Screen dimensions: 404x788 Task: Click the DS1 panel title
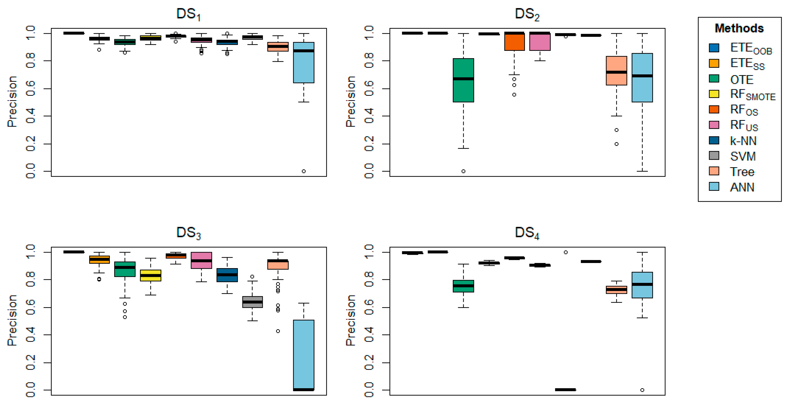188,14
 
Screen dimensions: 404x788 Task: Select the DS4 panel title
527,233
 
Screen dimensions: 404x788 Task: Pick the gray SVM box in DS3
252,302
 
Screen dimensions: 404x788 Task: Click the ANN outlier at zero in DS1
303,171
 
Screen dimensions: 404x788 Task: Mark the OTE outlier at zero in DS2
463,171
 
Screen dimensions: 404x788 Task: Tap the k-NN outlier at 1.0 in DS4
565,252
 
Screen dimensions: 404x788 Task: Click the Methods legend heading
739,28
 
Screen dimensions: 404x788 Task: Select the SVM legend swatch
714,156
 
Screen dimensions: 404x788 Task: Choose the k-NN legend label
743,141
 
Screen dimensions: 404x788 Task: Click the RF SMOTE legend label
753,95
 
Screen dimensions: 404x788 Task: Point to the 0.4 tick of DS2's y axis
369,116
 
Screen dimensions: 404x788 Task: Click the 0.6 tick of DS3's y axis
31,307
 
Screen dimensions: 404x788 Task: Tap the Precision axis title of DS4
351,320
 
